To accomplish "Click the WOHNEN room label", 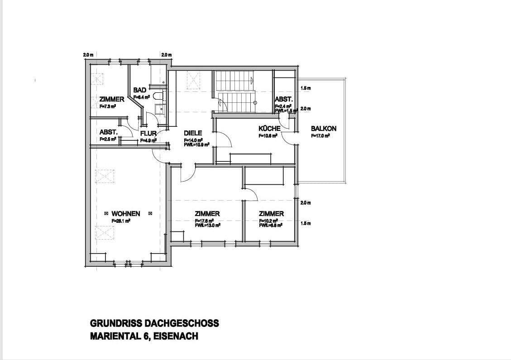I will (x=126, y=214).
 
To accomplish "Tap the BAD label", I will (x=140, y=91).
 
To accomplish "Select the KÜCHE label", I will (x=270, y=129).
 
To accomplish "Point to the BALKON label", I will (x=324, y=129).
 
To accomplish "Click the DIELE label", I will (x=193, y=133).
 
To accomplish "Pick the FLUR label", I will (x=148, y=134).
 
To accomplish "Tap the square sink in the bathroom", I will (x=159, y=108).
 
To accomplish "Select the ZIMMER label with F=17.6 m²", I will (x=207, y=214).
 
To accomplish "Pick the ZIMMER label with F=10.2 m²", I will (x=271, y=214).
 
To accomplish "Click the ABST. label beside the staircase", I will (x=284, y=99).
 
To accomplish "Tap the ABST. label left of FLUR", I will (x=109, y=132).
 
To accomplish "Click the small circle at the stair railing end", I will (x=255, y=103).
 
